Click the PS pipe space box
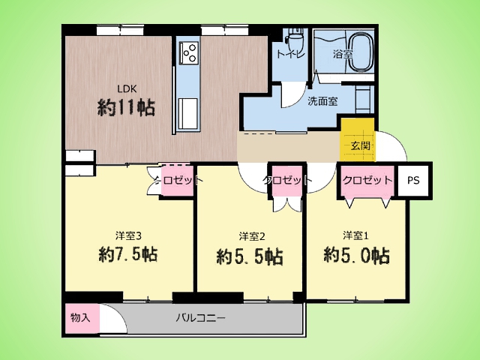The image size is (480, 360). pyautogui.click(x=413, y=180)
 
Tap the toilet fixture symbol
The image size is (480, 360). pyautogui.click(x=295, y=38)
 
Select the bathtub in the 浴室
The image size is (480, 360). pyautogui.click(x=361, y=52)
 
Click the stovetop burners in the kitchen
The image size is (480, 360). pyautogui.click(x=190, y=52)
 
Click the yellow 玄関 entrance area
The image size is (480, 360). pyautogui.click(x=358, y=139)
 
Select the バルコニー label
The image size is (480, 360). pyautogui.click(x=200, y=318)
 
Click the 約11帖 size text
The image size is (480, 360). pyautogui.click(x=126, y=107)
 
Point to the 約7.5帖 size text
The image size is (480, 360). pyautogui.click(x=128, y=254)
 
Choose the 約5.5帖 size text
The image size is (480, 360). pyautogui.click(x=250, y=256)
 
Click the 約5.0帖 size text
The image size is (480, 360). pyautogui.click(x=357, y=255)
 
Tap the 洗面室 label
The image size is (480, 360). pyautogui.click(x=322, y=101)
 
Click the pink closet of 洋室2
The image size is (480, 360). pyautogui.click(x=286, y=181)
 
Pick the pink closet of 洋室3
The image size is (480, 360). pyautogui.click(x=177, y=181)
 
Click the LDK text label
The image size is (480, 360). pyautogui.click(x=127, y=88)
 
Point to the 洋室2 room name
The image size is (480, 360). pyautogui.click(x=252, y=236)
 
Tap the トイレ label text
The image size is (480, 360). pyautogui.click(x=290, y=55)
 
